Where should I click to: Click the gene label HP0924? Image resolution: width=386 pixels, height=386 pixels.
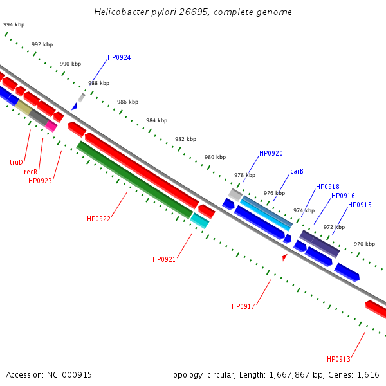[x=119, y=58]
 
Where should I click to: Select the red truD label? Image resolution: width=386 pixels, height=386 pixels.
[x=16, y=163]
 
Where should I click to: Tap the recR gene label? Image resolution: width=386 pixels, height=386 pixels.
[x=31, y=172]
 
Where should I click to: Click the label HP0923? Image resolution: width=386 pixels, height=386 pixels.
[x=40, y=181]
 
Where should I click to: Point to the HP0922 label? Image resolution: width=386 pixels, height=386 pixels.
[x=98, y=219]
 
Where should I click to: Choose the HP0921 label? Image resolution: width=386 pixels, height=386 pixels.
[x=164, y=260]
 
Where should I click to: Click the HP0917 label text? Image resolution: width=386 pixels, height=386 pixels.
[x=243, y=307]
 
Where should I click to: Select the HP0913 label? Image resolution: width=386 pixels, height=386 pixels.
[x=338, y=360]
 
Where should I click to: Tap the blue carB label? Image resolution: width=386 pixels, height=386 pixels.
[x=297, y=172]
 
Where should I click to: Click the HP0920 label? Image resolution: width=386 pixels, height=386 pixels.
[x=271, y=154]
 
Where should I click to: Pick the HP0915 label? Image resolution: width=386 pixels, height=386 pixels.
[x=360, y=205]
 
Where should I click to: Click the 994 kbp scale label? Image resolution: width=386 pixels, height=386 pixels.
[x=14, y=24]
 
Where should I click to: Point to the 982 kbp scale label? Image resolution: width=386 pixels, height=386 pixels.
[x=185, y=139]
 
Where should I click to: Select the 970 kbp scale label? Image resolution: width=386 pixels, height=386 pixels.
[x=364, y=244]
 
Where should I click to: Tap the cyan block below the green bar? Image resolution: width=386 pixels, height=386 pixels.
[x=199, y=221]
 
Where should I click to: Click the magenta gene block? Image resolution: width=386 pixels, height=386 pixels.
[x=51, y=126]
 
